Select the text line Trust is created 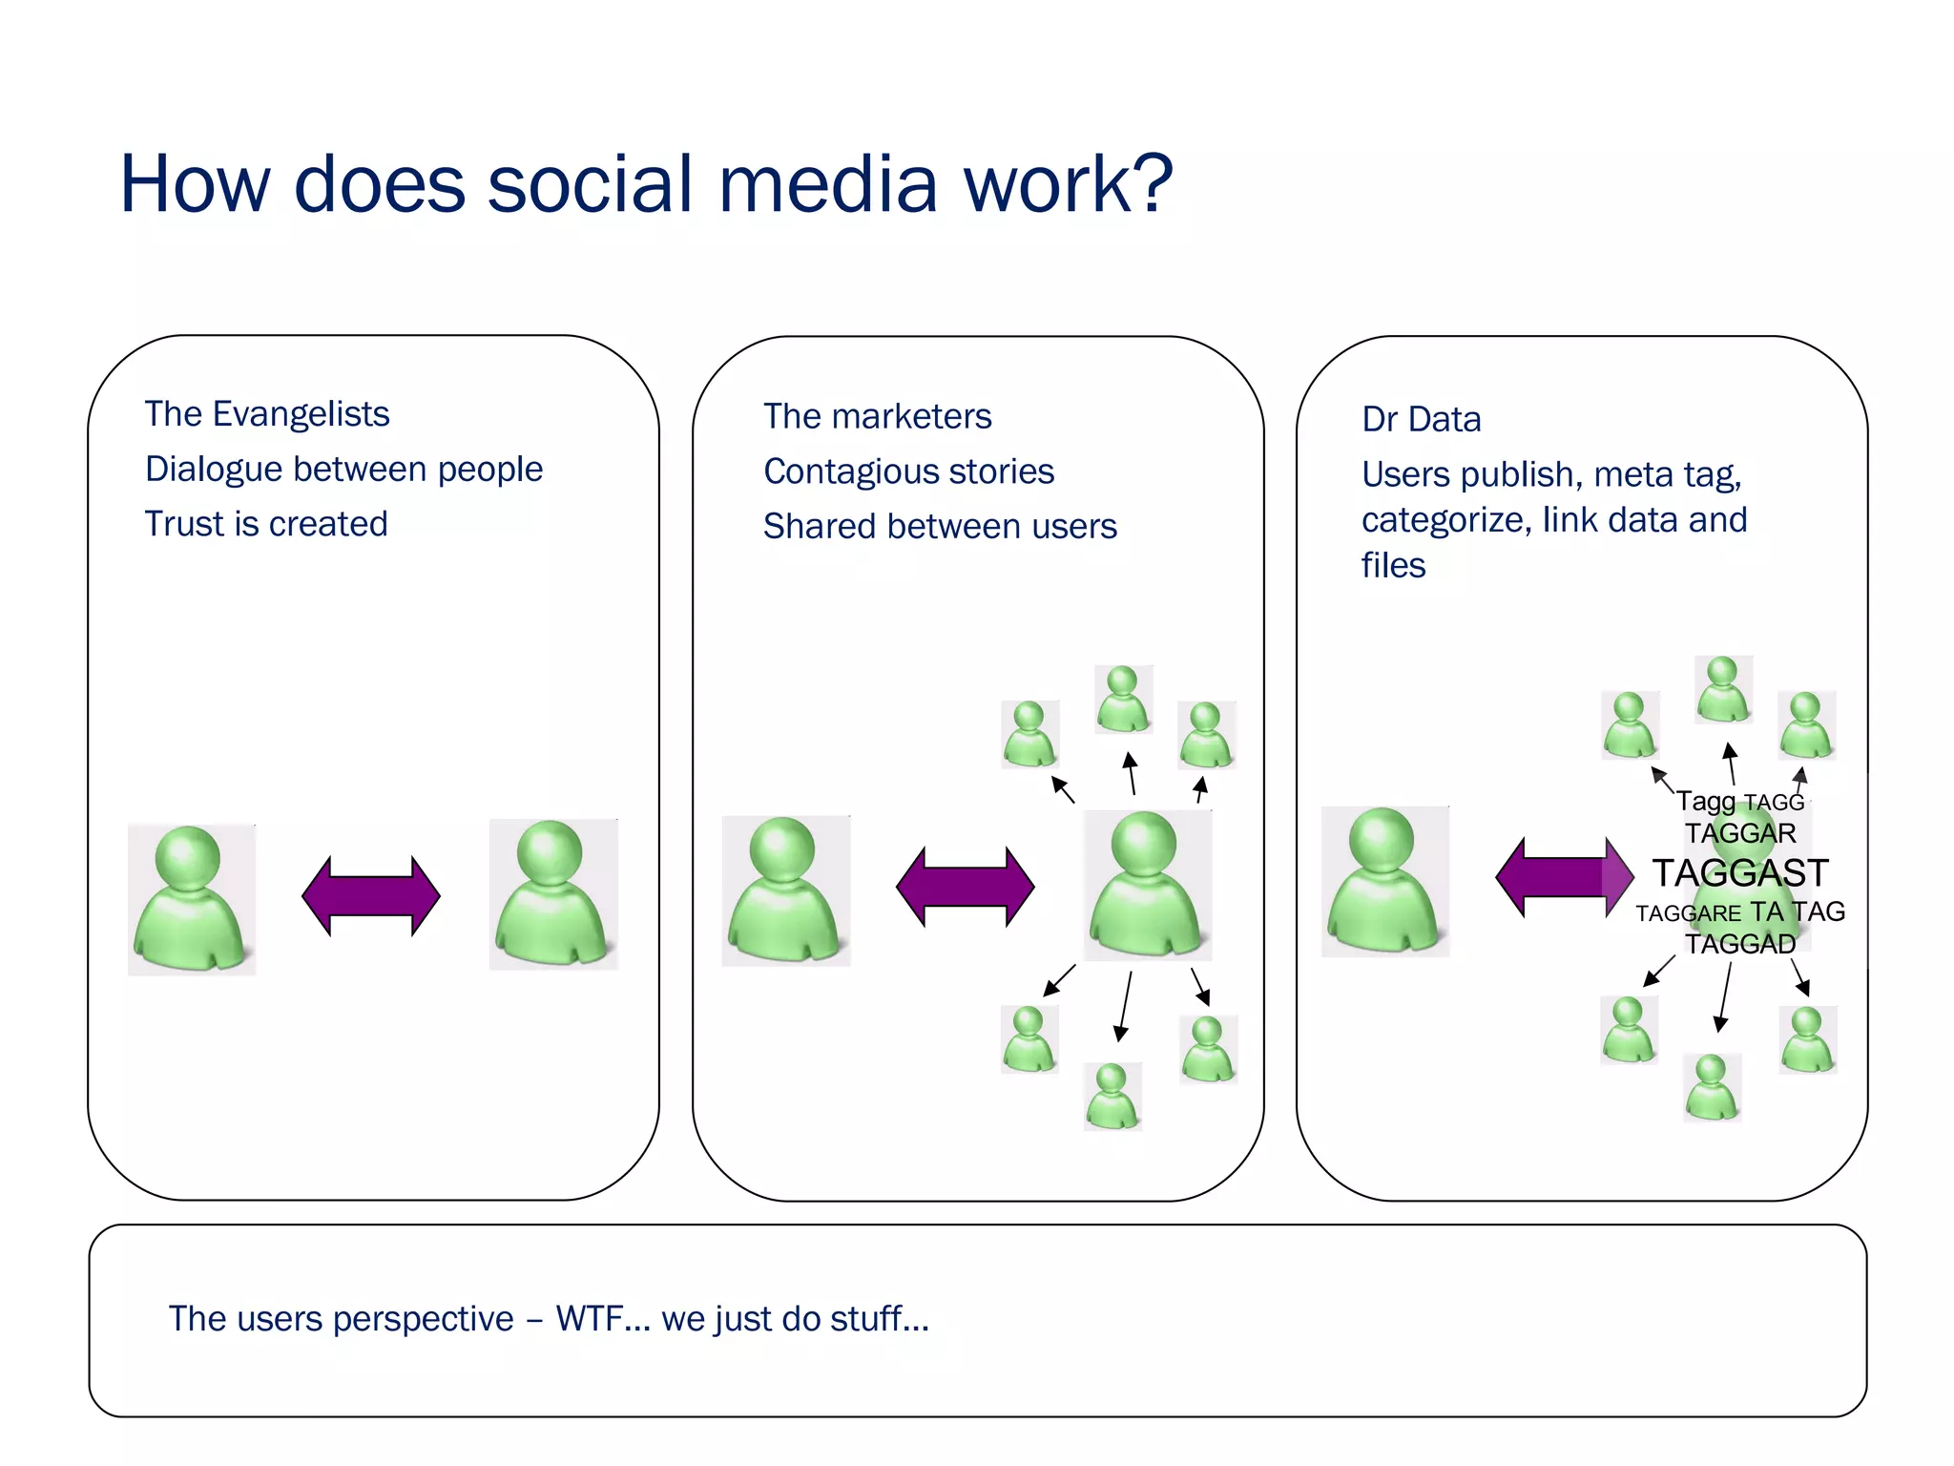coord(266,524)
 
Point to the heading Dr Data coord(1421,419)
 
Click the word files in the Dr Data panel coord(1392,565)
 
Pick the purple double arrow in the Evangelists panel coord(370,895)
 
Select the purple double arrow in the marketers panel coord(965,886)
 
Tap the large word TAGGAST coord(1739,872)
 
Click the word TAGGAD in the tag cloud coord(1739,944)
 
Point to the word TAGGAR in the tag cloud coord(1739,833)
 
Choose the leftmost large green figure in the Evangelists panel coord(192,899)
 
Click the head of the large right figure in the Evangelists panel coord(549,851)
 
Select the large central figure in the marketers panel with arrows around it coord(1146,885)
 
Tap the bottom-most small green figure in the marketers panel coord(1112,1097)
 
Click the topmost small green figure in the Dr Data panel coord(1722,689)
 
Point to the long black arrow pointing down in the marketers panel coord(1125,1006)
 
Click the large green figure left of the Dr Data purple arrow coord(1384,881)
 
